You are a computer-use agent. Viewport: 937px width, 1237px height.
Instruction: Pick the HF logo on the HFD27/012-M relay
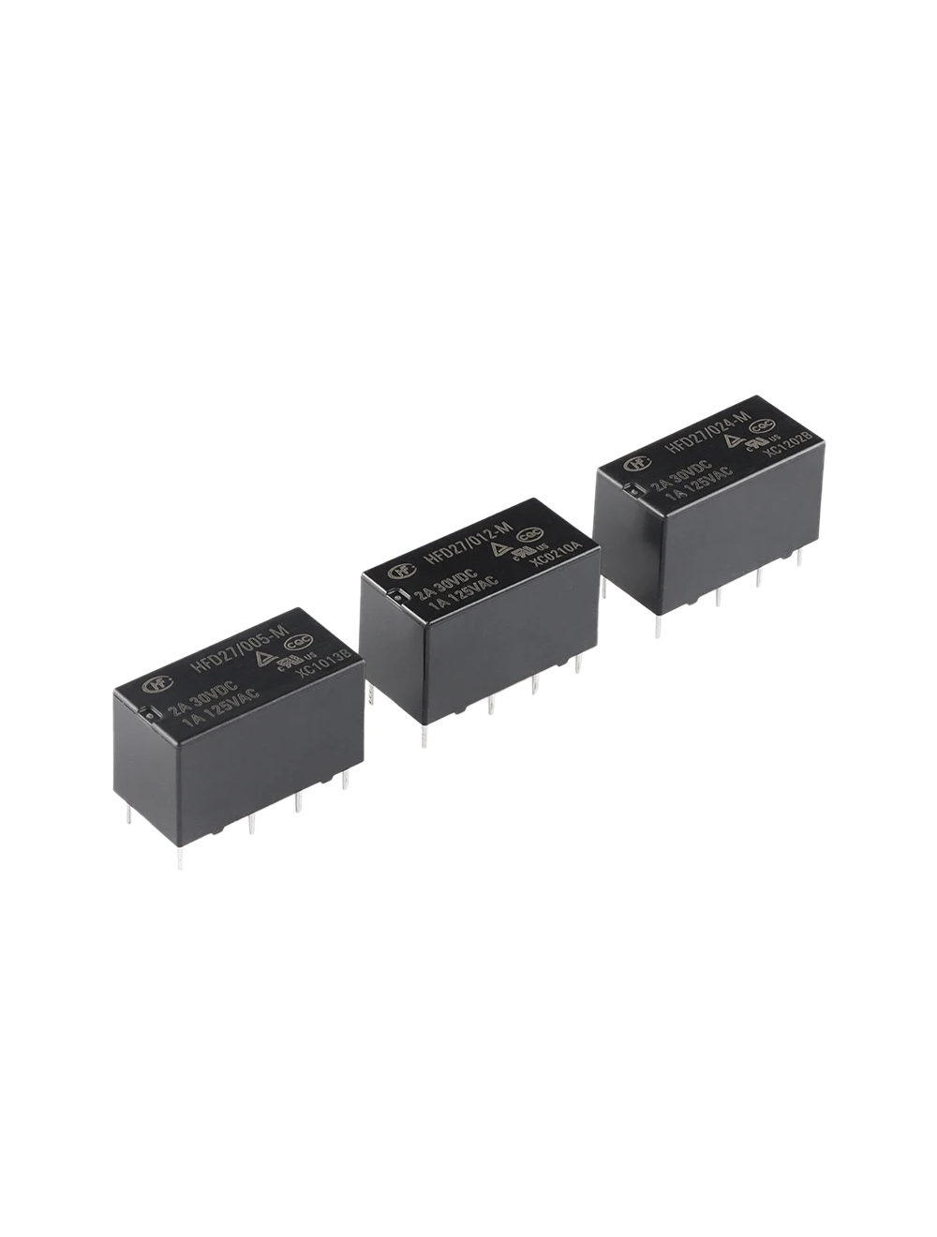[397, 570]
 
